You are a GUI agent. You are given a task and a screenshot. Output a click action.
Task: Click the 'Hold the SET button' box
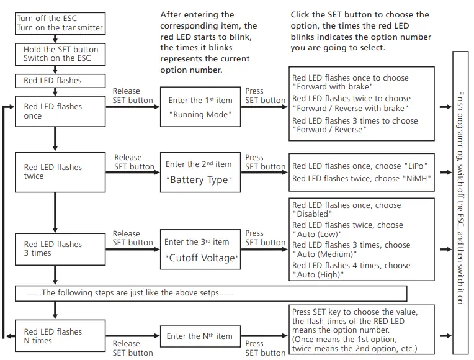(x=60, y=53)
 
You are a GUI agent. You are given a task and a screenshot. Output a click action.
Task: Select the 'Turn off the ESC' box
(x=60, y=24)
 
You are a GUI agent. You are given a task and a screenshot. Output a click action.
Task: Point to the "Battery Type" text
(x=200, y=180)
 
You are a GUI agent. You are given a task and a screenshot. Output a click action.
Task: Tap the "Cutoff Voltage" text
(x=201, y=258)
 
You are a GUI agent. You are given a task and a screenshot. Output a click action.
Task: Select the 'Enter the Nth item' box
(x=200, y=336)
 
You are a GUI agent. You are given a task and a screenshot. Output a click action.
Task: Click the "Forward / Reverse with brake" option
(x=351, y=109)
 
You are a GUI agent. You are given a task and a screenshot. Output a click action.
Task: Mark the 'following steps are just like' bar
(x=211, y=293)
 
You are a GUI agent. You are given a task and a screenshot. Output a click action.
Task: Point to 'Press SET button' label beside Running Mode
(x=265, y=96)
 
